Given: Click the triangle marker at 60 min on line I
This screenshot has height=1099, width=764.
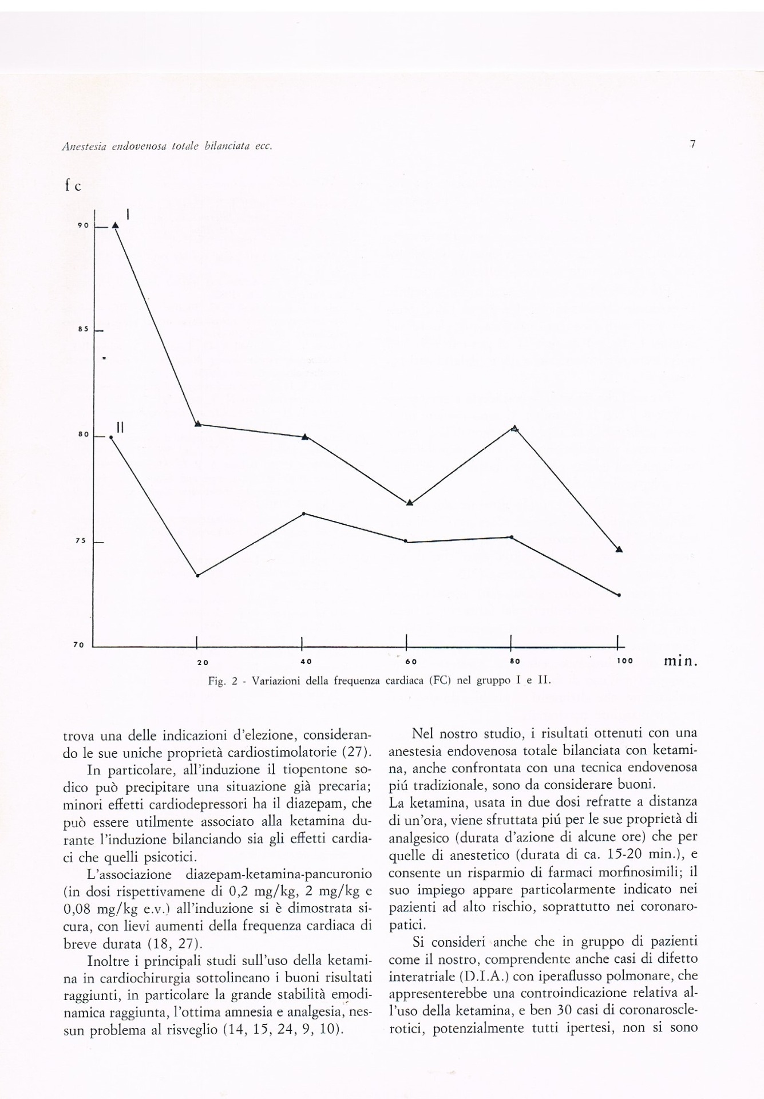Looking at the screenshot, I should (x=409, y=502).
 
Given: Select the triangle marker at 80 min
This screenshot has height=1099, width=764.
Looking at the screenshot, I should (x=514, y=428).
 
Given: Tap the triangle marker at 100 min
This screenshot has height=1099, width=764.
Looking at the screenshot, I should (x=619, y=549).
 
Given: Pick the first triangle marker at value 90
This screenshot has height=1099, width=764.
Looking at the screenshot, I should (x=115, y=225).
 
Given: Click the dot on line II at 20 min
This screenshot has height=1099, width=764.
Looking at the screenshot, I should (x=197, y=575).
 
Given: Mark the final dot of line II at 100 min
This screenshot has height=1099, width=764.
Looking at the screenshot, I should (x=619, y=595).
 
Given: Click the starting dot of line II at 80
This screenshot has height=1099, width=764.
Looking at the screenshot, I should (x=111, y=437).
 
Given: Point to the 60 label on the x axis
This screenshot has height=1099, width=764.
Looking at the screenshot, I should (x=410, y=661).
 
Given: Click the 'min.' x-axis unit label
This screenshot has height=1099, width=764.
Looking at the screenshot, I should (x=680, y=662).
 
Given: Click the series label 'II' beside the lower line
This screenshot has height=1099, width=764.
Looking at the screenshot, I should (x=120, y=426).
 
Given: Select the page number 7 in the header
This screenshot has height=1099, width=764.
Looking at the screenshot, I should (x=692, y=145).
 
